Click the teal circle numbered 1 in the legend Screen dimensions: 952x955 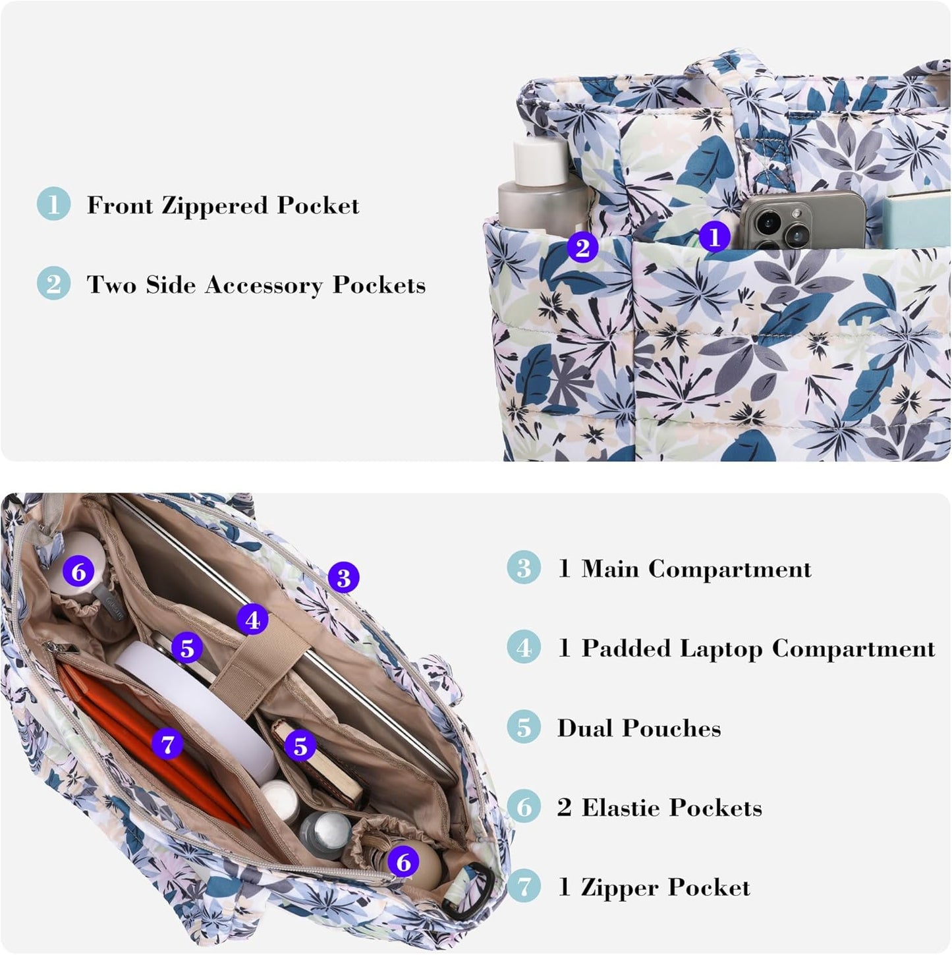pyautogui.click(x=53, y=204)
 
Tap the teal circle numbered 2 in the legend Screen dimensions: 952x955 pyautogui.click(x=53, y=283)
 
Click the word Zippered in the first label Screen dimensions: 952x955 pyautogui.click(x=215, y=205)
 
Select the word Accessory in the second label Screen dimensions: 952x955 pyautogui.click(x=264, y=285)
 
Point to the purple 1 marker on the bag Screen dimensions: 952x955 pyautogui.click(x=715, y=237)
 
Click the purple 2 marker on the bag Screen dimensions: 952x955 pyautogui.click(x=582, y=246)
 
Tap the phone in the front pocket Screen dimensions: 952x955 pyautogui.click(x=800, y=219)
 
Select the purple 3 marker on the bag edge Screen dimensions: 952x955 pyautogui.click(x=344, y=577)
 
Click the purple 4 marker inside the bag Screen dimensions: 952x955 pyautogui.click(x=252, y=620)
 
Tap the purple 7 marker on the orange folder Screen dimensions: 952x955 pyautogui.click(x=167, y=744)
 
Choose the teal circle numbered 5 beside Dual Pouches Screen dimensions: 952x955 pyautogui.click(x=524, y=727)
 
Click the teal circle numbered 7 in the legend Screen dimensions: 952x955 pyautogui.click(x=524, y=887)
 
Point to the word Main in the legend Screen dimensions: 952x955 pyautogui.click(x=610, y=568)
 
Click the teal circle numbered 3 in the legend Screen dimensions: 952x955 pyautogui.click(x=524, y=568)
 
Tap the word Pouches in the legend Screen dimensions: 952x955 pyautogui.click(x=671, y=728)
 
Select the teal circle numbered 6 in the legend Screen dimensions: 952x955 pyautogui.click(x=524, y=806)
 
